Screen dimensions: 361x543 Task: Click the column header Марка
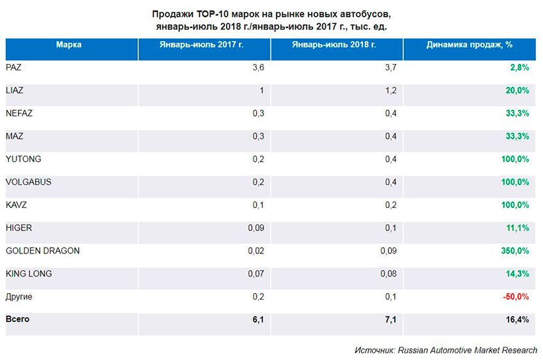(68, 45)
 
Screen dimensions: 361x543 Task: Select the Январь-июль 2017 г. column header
(205, 45)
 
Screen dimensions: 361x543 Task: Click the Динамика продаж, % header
(470, 45)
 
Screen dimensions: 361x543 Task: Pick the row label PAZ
(13, 67)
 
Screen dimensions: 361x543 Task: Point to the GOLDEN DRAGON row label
(42, 251)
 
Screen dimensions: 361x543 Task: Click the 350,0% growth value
(514, 251)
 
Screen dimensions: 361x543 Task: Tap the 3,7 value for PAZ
(391, 67)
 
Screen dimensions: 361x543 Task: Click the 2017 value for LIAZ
(261, 90)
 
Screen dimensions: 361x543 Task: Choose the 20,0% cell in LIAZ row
(516, 90)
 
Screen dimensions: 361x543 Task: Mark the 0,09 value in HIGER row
(256, 228)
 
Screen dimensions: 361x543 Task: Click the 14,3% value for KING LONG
(516, 274)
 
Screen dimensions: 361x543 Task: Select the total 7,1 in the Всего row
(391, 319)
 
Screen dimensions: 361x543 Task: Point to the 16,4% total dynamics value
(516, 319)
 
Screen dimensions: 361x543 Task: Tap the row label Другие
(19, 297)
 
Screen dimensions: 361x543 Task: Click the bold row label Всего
(17, 319)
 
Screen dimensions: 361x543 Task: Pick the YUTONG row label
(23, 159)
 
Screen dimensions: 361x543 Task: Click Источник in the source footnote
(374, 351)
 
